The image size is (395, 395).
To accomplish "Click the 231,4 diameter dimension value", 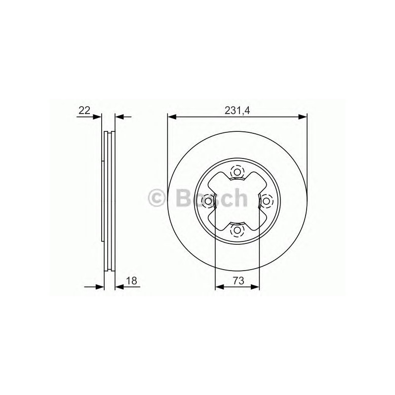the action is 237,111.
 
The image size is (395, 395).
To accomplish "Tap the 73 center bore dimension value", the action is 238,280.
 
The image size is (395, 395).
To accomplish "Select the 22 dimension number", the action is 84,110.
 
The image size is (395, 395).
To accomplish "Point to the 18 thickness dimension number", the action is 132,280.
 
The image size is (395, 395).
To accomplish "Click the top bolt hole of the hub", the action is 237,172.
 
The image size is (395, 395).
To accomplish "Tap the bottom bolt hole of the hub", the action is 237,230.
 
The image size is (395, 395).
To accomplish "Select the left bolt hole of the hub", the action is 208,201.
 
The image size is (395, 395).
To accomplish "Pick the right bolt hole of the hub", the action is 266,201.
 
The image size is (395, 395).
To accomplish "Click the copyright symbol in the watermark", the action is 157,198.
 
